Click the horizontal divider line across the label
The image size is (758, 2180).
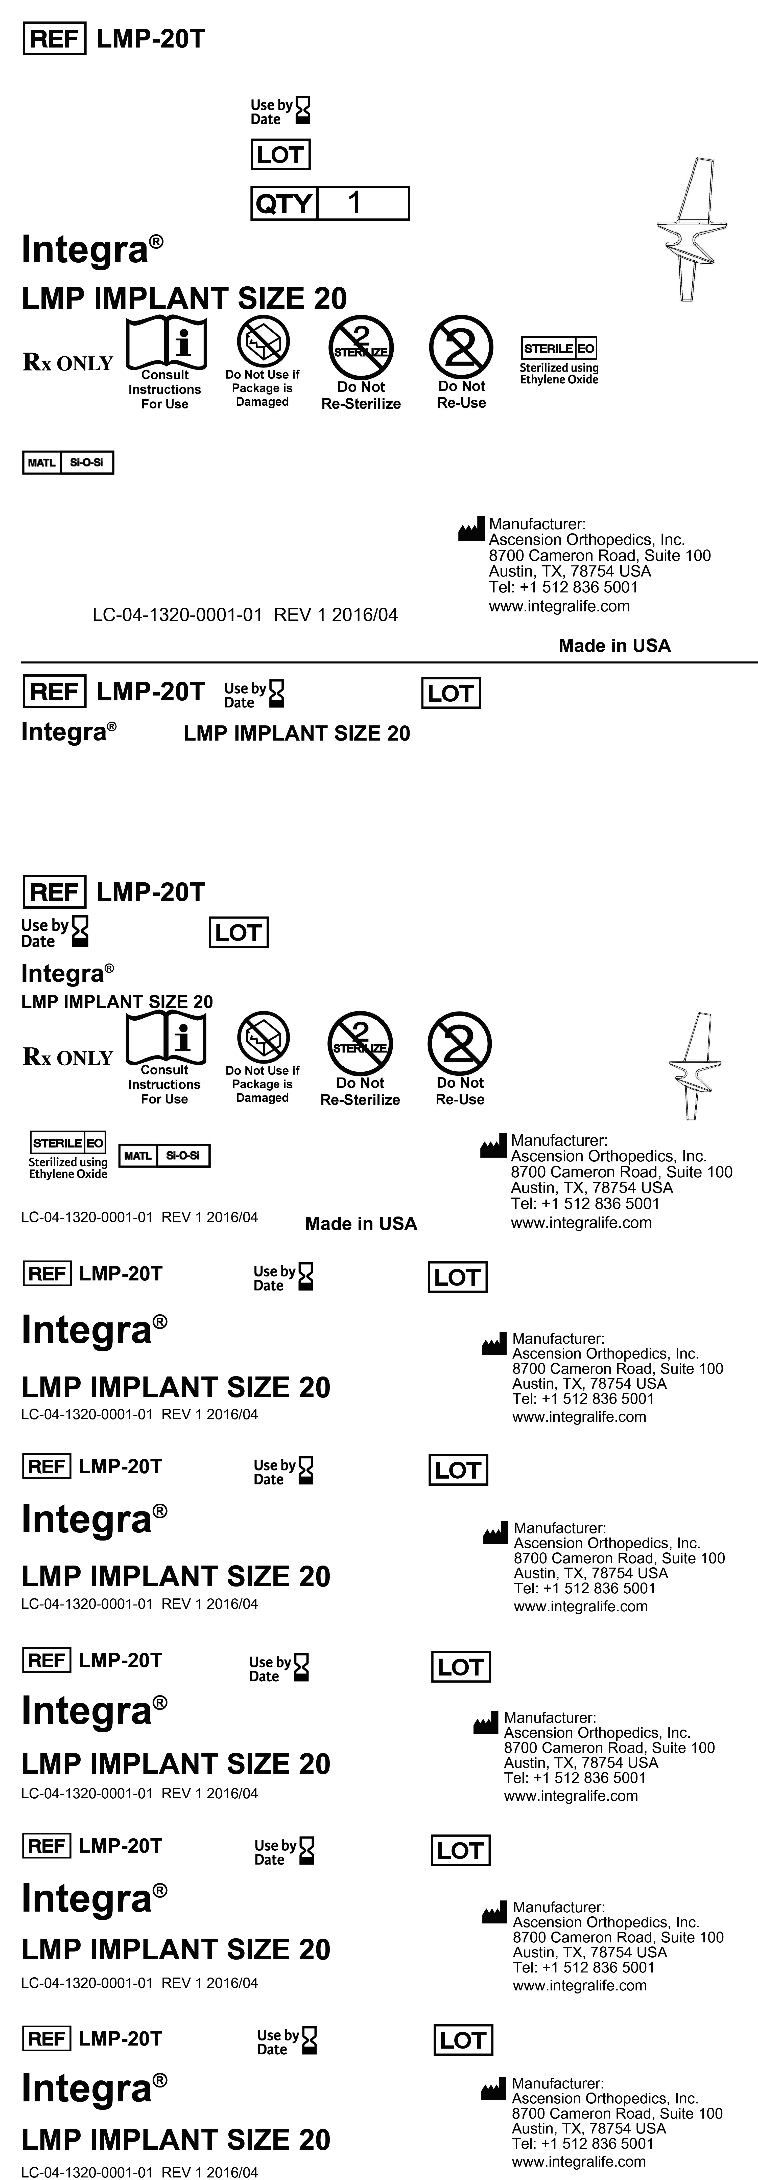pos(389,662)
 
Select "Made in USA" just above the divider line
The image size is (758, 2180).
pos(614,646)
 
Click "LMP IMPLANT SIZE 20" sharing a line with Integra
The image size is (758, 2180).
pos(296,734)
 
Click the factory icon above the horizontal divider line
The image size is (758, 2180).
pos(471,531)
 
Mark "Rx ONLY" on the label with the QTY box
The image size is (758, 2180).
pos(68,363)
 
